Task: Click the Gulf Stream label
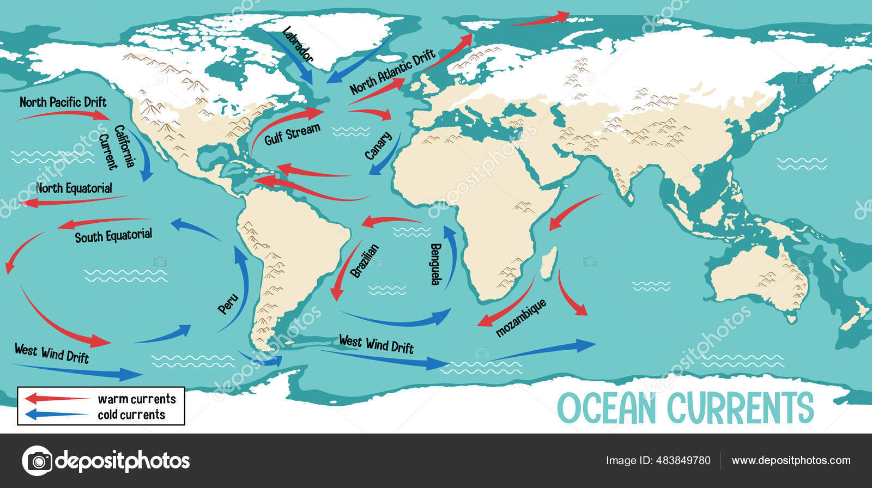(292, 134)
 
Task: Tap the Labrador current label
(298, 44)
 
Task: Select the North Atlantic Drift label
(392, 71)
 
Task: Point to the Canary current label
(378, 145)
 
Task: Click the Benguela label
(436, 264)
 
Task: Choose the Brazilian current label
(365, 260)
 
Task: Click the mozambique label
(520, 318)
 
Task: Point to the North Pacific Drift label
(63, 102)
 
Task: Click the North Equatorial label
(74, 188)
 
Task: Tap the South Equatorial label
(113, 236)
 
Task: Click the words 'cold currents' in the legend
(131, 414)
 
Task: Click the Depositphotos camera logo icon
(37, 461)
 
